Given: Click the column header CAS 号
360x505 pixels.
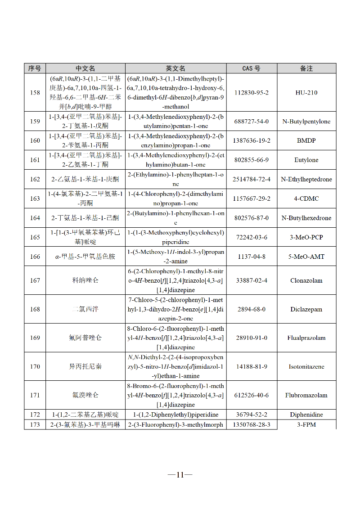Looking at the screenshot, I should (x=251, y=68).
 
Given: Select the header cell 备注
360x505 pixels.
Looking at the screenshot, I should (x=306, y=68).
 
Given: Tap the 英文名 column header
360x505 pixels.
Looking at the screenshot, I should (x=175, y=68).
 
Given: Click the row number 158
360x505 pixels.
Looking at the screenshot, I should (x=35, y=93).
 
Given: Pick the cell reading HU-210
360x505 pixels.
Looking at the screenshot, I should (x=306, y=93).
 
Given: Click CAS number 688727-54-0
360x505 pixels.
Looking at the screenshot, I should (x=251, y=122).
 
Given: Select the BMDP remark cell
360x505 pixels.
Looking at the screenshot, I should (x=306, y=140).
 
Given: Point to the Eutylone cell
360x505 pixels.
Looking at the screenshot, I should (x=306, y=160).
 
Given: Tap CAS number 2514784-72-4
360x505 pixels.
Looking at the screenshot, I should (x=251, y=179).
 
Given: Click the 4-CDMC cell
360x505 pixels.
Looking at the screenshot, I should (x=306, y=198).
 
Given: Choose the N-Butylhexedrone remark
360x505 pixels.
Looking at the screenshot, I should (x=306, y=218).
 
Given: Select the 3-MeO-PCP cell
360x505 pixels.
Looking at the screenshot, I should (x=306, y=237).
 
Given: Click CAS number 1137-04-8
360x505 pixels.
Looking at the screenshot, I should (x=251, y=257).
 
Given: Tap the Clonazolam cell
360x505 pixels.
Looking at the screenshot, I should (x=306, y=280).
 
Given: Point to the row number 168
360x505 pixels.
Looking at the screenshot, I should (x=35, y=309).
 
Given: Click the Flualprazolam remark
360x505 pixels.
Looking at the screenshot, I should (x=306, y=338).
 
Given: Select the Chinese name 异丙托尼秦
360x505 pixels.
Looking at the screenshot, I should (x=85, y=366).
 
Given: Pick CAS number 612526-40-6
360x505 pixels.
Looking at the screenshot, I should (x=251, y=395).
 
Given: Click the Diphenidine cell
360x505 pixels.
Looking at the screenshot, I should (x=306, y=415).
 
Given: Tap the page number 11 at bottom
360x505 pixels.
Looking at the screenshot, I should (x=180, y=474).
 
